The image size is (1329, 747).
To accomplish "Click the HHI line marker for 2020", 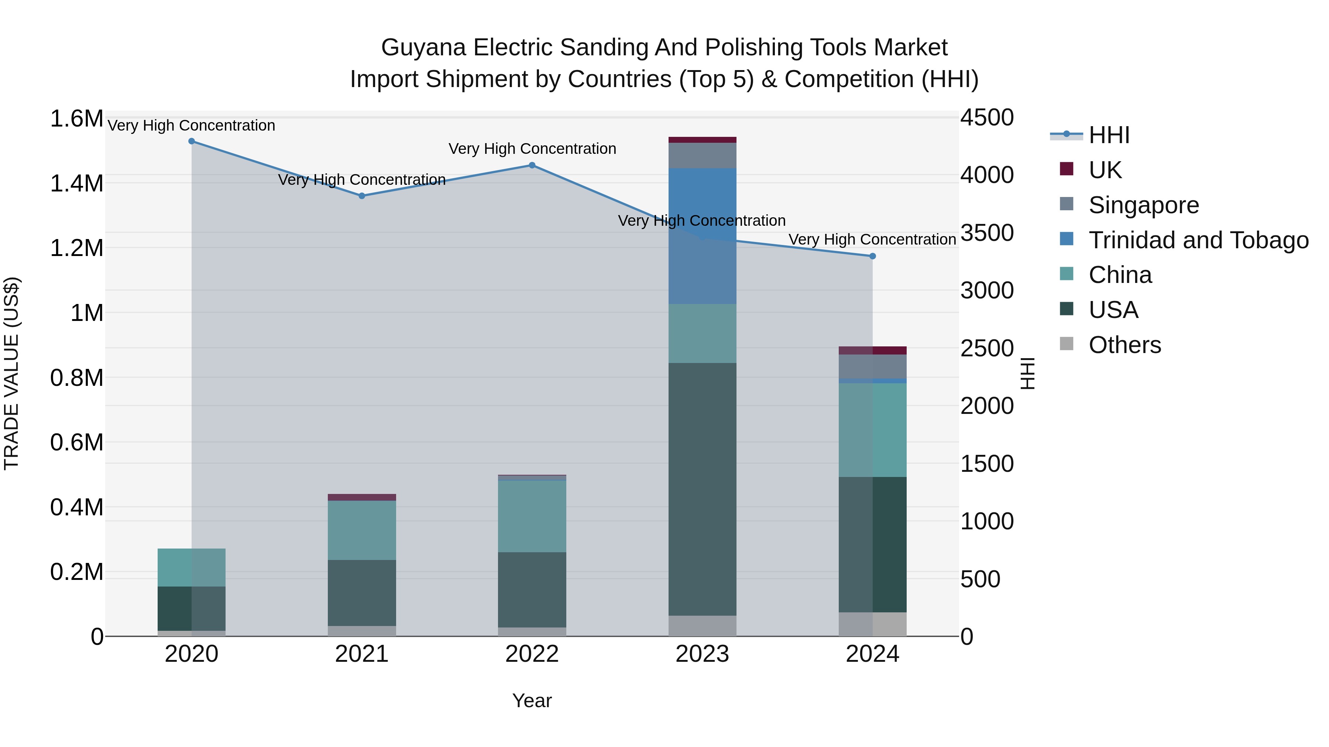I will click(191, 141).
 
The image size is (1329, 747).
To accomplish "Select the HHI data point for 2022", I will click(532, 166).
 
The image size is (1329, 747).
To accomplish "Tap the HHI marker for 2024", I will click(872, 256).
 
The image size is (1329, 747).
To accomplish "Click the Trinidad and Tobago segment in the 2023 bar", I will click(702, 236).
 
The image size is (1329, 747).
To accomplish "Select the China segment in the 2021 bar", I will click(362, 530).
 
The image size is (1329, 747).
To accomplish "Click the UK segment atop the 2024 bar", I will click(872, 350).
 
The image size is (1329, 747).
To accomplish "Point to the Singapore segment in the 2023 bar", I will click(702, 155).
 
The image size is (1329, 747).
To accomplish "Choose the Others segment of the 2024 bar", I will click(872, 624).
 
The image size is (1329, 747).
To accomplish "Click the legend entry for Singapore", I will click(1143, 205).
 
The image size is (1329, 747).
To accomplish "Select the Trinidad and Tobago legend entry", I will click(1198, 240).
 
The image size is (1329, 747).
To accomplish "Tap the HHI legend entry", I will click(1109, 135).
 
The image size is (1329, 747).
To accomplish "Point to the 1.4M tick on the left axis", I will click(76, 184).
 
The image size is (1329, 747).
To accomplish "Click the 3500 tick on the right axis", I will click(986, 232).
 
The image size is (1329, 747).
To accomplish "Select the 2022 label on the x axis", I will click(532, 654).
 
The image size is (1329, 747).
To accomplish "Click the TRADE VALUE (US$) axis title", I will click(11, 373).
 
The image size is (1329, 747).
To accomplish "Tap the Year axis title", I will click(532, 701).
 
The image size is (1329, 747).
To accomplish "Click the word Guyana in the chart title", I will click(423, 48).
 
